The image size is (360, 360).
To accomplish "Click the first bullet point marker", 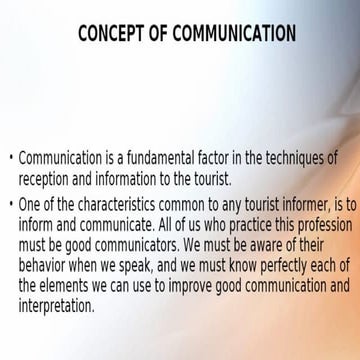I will tap(10, 159).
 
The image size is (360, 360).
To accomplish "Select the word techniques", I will tap(299, 159).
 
